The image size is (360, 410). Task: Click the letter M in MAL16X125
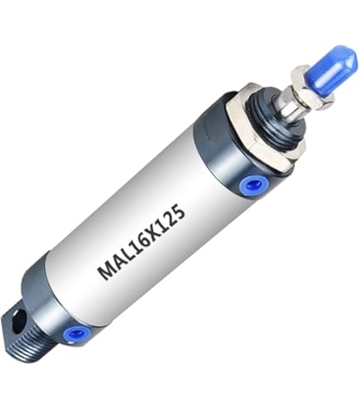106,270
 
